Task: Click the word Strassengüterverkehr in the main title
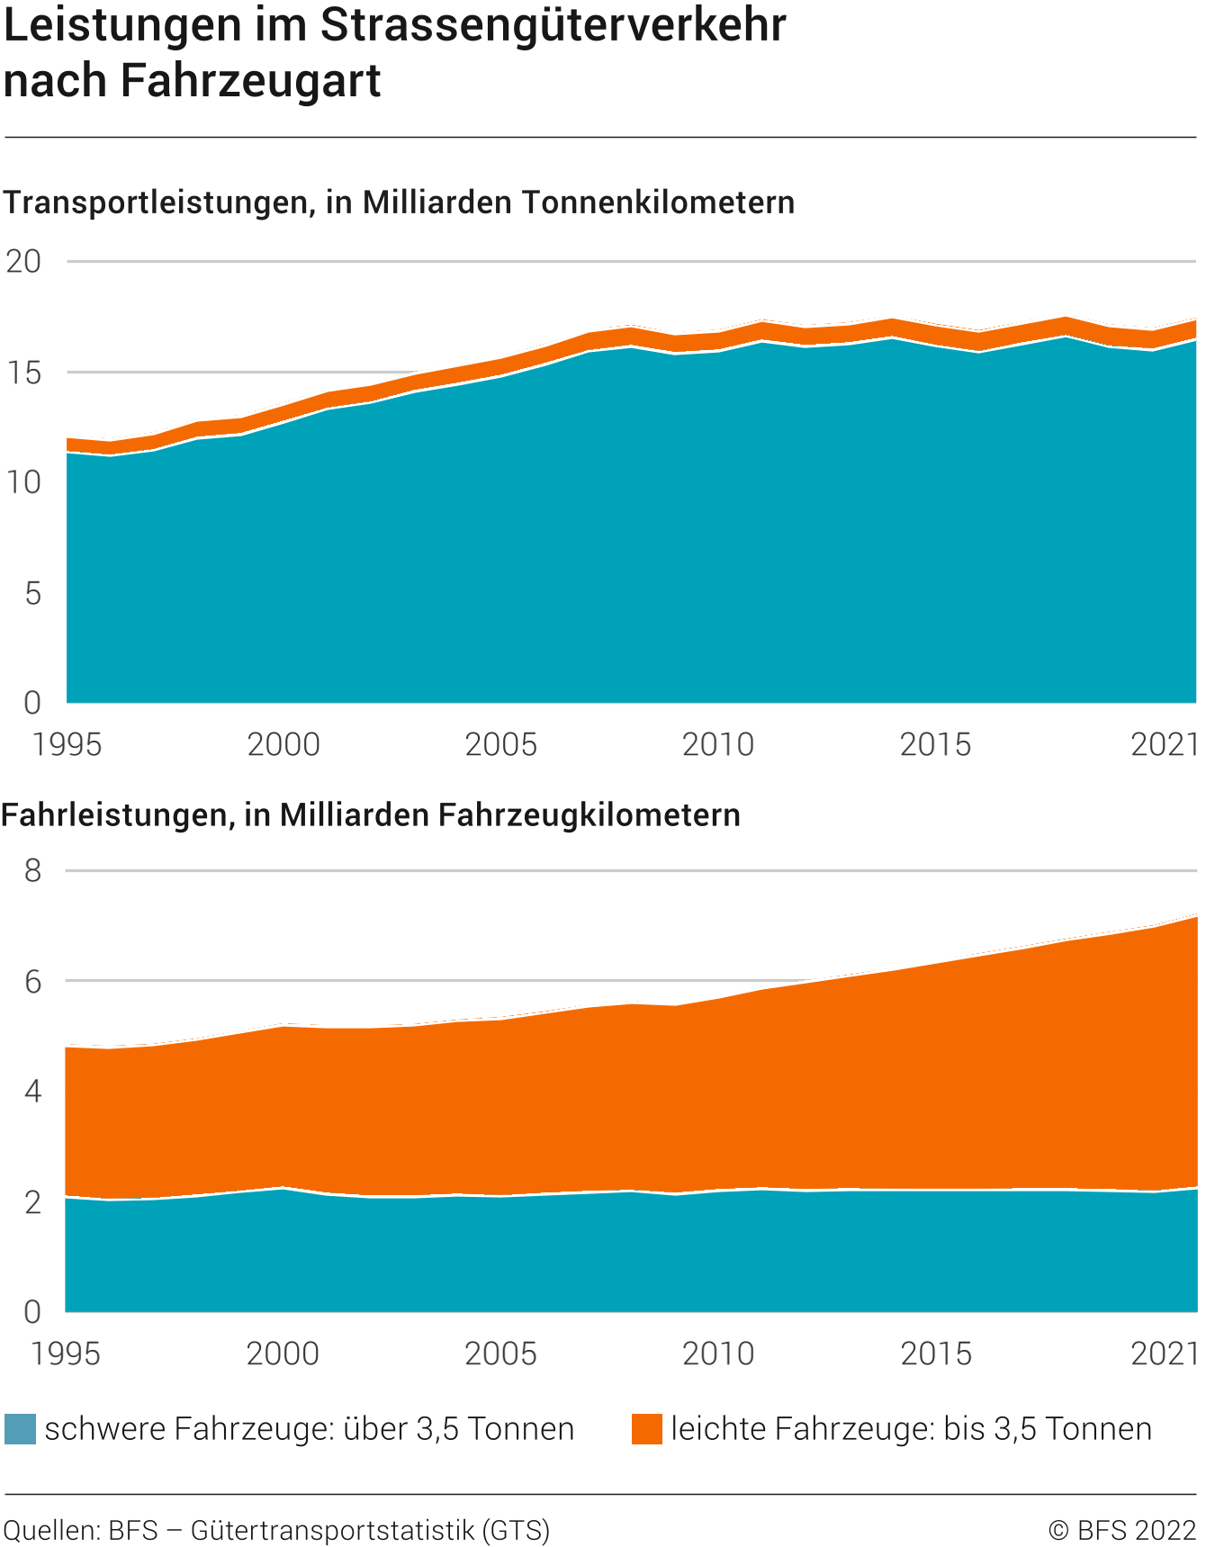(x=553, y=26)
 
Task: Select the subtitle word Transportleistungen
(x=157, y=202)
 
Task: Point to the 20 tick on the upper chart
(x=24, y=262)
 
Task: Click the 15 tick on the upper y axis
(x=24, y=373)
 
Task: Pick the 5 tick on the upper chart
(x=32, y=593)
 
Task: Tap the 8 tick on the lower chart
(x=32, y=870)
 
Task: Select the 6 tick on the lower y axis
(x=32, y=981)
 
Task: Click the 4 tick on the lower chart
(x=32, y=1092)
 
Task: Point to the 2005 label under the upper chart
(x=500, y=745)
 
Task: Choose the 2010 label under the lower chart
(x=718, y=1354)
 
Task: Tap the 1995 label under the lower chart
(x=67, y=1354)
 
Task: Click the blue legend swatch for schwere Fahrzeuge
(x=20, y=1429)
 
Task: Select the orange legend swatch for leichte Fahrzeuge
(x=646, y=1429)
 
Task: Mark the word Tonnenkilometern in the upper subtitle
(x=658, y=202)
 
